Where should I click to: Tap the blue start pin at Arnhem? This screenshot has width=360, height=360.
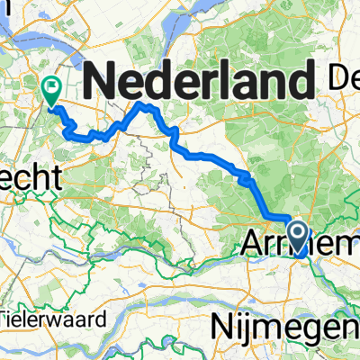pyautogui.click(x=300, y=238)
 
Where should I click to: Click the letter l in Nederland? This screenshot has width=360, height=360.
pyautogui.click(x=232, y=82)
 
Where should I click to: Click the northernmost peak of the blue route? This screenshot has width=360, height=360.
pyautogui.click(x=144, y=105)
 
